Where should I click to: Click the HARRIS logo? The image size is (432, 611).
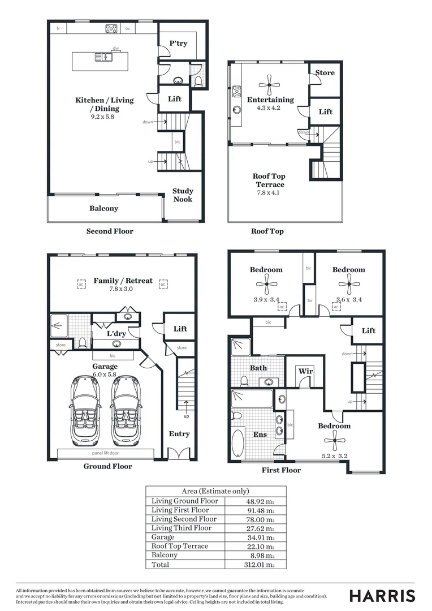382,596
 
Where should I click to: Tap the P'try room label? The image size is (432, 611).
178,44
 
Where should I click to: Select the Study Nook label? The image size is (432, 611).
183,195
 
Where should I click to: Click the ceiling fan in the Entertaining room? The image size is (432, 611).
269,86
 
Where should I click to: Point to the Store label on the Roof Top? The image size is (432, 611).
325,73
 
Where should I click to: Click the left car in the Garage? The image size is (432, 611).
85,411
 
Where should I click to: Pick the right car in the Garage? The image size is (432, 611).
126,411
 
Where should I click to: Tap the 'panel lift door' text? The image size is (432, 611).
105,453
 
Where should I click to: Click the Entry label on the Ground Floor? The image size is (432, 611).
179,434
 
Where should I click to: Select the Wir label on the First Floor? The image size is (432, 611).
305,372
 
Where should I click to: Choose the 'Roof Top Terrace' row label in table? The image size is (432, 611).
179,546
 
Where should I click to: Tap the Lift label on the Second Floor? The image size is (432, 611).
175,99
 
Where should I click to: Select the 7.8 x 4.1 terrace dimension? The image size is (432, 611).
269,193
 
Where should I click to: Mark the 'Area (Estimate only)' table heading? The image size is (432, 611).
215,491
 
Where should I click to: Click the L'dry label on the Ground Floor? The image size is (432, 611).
116,334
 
